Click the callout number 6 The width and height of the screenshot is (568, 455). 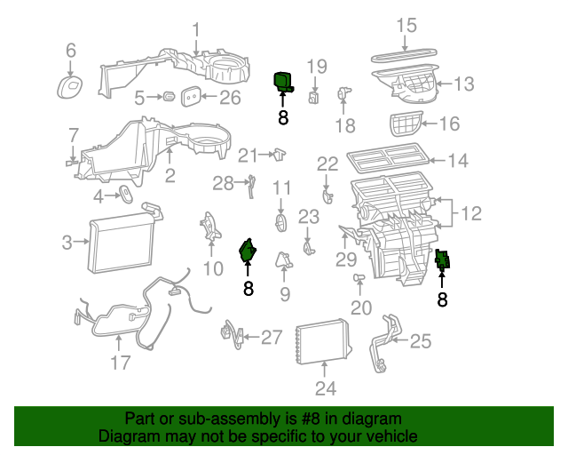(71, 51)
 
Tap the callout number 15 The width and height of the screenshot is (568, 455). (406, 25)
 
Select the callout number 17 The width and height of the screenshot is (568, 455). (120, 362)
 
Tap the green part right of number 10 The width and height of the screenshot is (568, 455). (248, 251)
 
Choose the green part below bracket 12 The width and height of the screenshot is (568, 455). (443, 259)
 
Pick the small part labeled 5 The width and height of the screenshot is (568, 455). (168, 96)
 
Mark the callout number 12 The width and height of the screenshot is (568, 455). (470, 213)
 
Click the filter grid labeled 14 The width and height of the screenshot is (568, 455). (387, 161)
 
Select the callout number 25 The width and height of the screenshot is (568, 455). (420, 340)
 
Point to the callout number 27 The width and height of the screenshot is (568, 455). (272, 337)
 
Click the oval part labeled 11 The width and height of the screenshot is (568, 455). (281, 220)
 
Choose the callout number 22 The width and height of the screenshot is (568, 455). (327, 164)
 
